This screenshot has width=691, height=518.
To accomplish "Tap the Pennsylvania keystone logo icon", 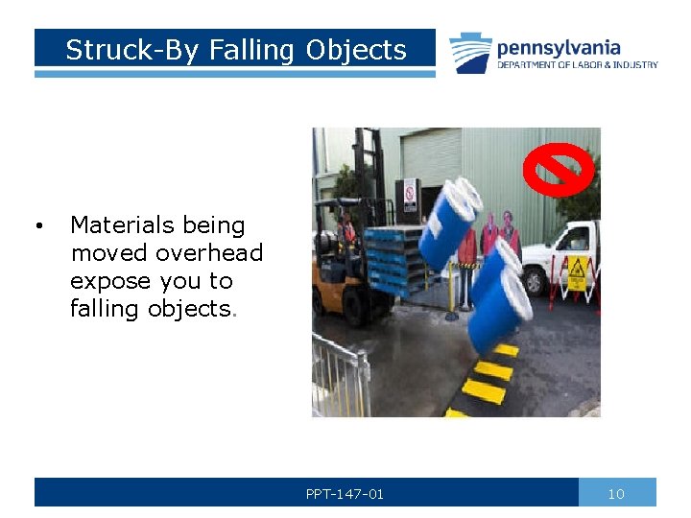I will click(x=470, y=53).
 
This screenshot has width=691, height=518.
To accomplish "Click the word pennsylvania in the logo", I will click(x=559, y=47).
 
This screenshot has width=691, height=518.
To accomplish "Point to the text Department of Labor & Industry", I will click(x=577, y=65).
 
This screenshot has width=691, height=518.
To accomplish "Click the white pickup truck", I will click(x=572, y=251).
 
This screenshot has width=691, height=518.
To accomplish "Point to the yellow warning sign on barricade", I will click(x=577, y=273).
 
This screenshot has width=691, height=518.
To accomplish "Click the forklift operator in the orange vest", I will click(x=348, y=230).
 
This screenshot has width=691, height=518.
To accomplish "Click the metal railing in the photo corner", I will click(x=342, y=374).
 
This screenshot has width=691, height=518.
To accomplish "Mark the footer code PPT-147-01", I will click(x=345, y=494).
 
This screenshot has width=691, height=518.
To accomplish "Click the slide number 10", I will click(x=616, y=494).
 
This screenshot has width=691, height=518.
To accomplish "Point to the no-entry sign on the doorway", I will click(x=411, y=195).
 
